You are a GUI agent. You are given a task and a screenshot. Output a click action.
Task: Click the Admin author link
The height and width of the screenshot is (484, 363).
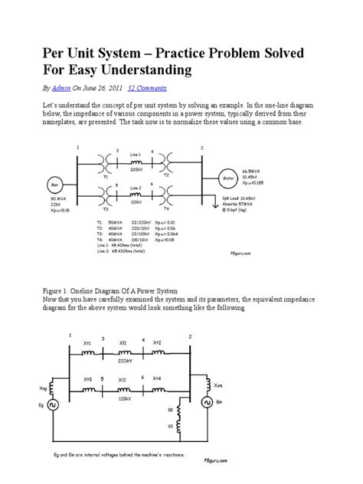[61, 88]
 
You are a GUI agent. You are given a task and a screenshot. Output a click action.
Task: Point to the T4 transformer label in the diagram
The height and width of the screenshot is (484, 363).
[167, 208]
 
